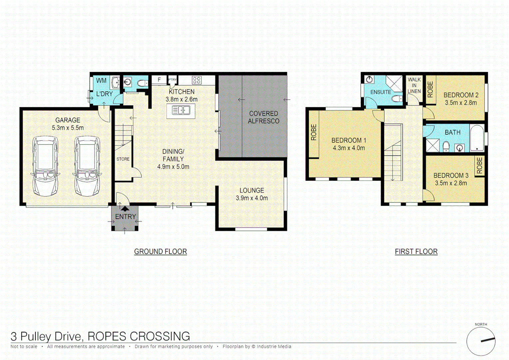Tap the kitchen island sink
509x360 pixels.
[x=181, y=110]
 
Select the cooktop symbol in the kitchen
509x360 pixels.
[x=197, y=80]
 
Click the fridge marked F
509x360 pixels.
[x=159, y=80]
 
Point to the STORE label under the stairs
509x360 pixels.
[x=123, y=159]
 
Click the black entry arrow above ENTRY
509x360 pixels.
[x=125, y=209]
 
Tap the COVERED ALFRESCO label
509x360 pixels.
[x=263, y=117]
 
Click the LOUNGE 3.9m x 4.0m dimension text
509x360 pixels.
[x=252, y=198]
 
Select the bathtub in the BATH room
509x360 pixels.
[x=477, y=138]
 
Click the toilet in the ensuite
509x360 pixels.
[x=396, y=99]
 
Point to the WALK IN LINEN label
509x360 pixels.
[x=414, y=85]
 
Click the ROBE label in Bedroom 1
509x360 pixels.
[x=313, y=132]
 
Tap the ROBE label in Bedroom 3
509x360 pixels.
[x=479, y=166]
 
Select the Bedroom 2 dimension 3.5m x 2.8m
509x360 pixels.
[x=461, y=103]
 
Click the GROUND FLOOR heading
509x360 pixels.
[x=160, y=252]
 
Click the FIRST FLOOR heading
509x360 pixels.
[x=416, y=252]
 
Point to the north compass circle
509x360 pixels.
[x=481, y=341]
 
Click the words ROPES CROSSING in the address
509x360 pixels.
[x=139, y=336]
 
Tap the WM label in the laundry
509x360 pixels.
[x=101, y=81]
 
